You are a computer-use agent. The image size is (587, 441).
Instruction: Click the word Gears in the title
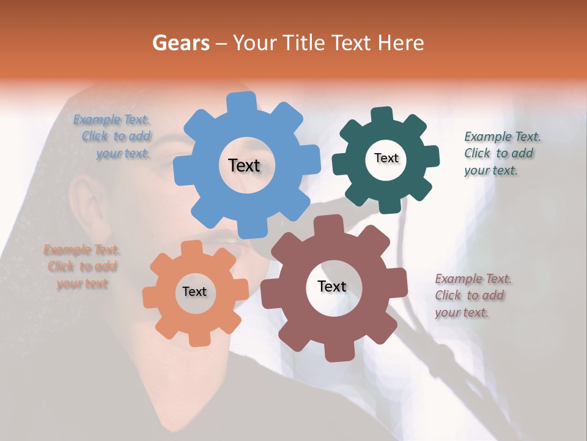pos(180,43)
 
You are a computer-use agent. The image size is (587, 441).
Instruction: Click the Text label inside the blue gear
pos(245,165)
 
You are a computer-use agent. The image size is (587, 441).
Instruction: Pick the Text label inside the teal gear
pos(386,158)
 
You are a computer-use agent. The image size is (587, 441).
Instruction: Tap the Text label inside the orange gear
pos(194,292)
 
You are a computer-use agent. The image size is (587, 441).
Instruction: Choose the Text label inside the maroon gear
pos(332,286)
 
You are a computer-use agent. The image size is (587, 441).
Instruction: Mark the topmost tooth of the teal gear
pos(382,115)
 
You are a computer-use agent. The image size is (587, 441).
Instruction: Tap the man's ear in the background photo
pos(83,202)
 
